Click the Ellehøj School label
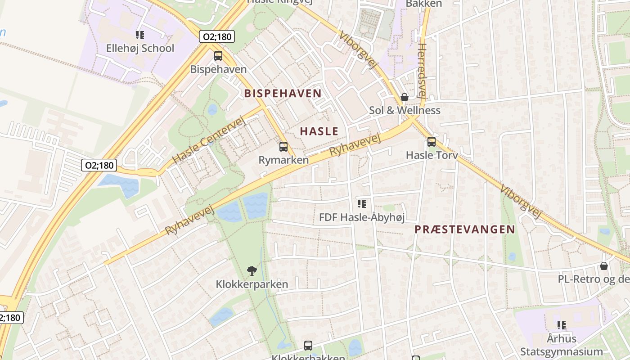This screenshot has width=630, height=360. pos(140,48)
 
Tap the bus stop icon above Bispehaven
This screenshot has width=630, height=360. pos(218,56)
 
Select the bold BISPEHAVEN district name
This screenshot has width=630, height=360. pos(283,94)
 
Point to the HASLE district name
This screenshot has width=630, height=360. pos(319,131)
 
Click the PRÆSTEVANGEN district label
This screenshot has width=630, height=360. pos(464,229)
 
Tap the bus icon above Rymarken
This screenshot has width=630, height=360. pos(283,146)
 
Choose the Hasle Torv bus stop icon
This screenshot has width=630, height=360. pos(432,142)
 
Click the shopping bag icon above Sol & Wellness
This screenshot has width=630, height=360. pos(405,97)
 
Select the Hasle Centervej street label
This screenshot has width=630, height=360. pos(210,139)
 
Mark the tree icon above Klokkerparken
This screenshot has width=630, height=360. pos(252,271)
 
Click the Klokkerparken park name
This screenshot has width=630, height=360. pos(252,284)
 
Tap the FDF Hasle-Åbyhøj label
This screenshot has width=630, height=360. pos(362,218)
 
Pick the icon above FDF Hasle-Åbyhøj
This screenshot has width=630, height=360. pos(362,204)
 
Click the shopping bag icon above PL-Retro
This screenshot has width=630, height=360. pos(604,266)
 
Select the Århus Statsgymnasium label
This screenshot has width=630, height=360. pos(562,345)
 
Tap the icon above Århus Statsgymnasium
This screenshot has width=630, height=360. pos(561,325)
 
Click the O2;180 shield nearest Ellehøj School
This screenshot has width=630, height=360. pos(217,36)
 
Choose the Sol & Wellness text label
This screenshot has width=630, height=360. pos(405,110)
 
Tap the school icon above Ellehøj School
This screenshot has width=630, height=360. pos(140,35)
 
